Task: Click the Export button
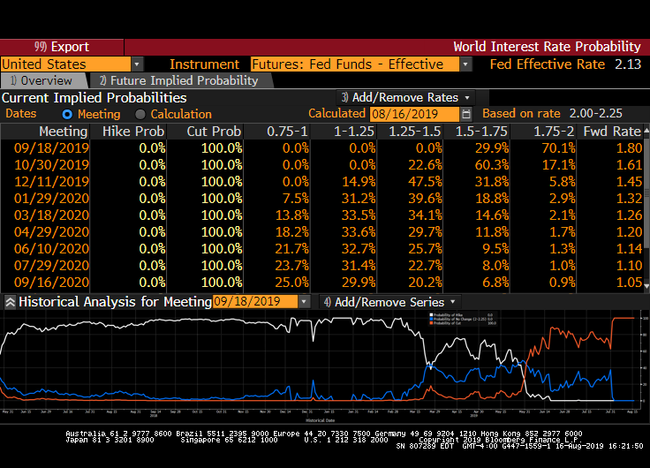62,47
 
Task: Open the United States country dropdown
137,64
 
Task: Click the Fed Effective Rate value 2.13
628,64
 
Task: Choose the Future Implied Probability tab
178,80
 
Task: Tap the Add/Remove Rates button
405,97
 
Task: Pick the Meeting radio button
67,114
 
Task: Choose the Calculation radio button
140,114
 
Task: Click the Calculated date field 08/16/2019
415,114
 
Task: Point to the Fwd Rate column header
612,132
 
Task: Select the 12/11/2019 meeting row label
51,181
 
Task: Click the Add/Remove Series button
389,301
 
